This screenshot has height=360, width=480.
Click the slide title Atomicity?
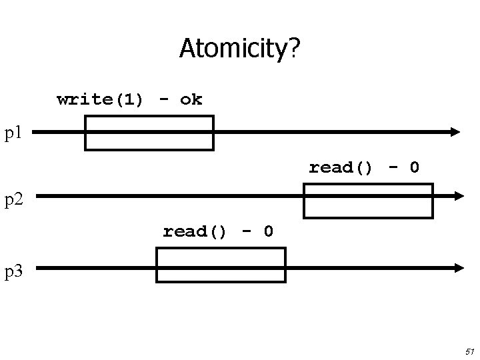239,48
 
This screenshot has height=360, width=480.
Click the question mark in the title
294,48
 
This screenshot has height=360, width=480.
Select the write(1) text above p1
100,100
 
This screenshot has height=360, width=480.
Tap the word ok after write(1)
191,100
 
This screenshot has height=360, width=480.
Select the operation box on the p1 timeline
149,133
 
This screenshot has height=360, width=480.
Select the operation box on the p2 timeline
368,201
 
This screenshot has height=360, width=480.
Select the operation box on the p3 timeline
221,265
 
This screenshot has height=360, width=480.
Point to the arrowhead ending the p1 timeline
455,132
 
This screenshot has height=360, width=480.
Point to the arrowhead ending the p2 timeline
458,196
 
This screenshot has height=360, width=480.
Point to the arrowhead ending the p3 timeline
458,267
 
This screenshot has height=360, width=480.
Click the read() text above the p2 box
341,167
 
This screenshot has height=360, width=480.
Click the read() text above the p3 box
195,231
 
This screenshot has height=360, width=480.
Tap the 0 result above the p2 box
414,167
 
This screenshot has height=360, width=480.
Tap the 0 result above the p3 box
268,231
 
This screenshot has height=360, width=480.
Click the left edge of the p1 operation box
85,133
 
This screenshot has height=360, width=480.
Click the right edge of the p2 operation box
432,201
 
